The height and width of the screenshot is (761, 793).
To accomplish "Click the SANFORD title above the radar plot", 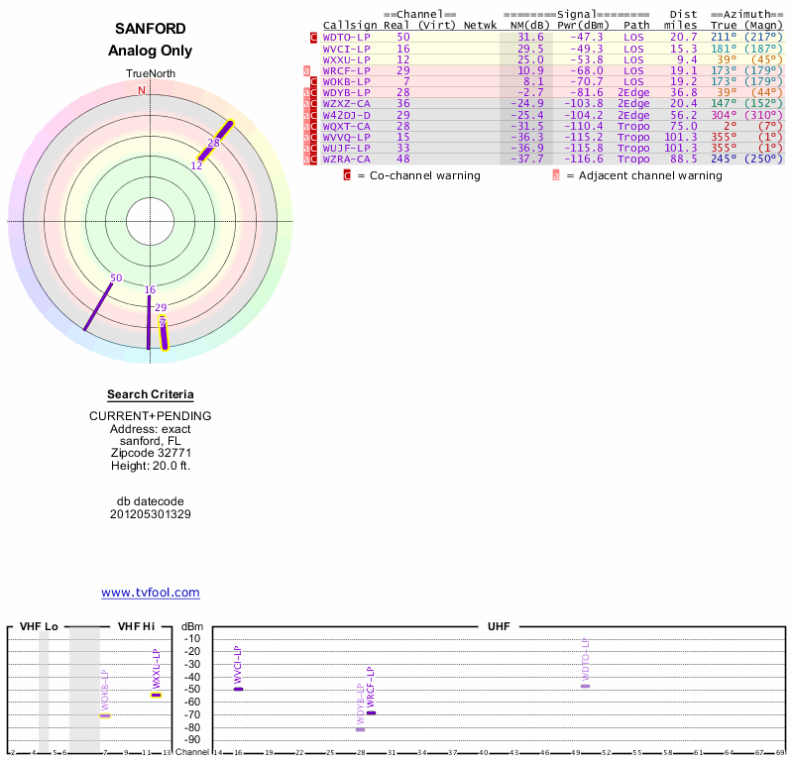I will coord(150,29).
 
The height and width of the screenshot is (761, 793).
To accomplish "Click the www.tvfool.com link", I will coord(150,593).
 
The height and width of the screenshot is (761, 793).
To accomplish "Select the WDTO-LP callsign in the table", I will coord(346,37).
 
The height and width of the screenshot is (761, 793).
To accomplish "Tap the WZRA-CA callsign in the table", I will coord(346,159).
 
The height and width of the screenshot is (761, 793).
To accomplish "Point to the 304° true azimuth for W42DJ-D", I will coord(725,115).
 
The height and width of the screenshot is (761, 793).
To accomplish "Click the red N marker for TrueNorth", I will coord(142,90).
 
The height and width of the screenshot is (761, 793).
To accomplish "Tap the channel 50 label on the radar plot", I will coord(116,278).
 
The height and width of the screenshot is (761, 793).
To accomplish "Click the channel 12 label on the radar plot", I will coord(196,165).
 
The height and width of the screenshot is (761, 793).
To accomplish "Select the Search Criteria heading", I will coord(150,394).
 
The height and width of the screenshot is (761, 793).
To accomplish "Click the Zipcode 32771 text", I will coord(150,453).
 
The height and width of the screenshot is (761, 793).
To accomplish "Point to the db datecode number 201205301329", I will coord(150,514).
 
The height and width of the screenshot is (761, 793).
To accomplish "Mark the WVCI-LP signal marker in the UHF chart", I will coord(238,689).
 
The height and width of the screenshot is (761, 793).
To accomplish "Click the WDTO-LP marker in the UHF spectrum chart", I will coord(585,686).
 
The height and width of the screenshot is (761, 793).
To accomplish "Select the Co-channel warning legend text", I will coord(418,175).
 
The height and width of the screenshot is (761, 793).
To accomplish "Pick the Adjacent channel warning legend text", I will coord(636,175).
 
